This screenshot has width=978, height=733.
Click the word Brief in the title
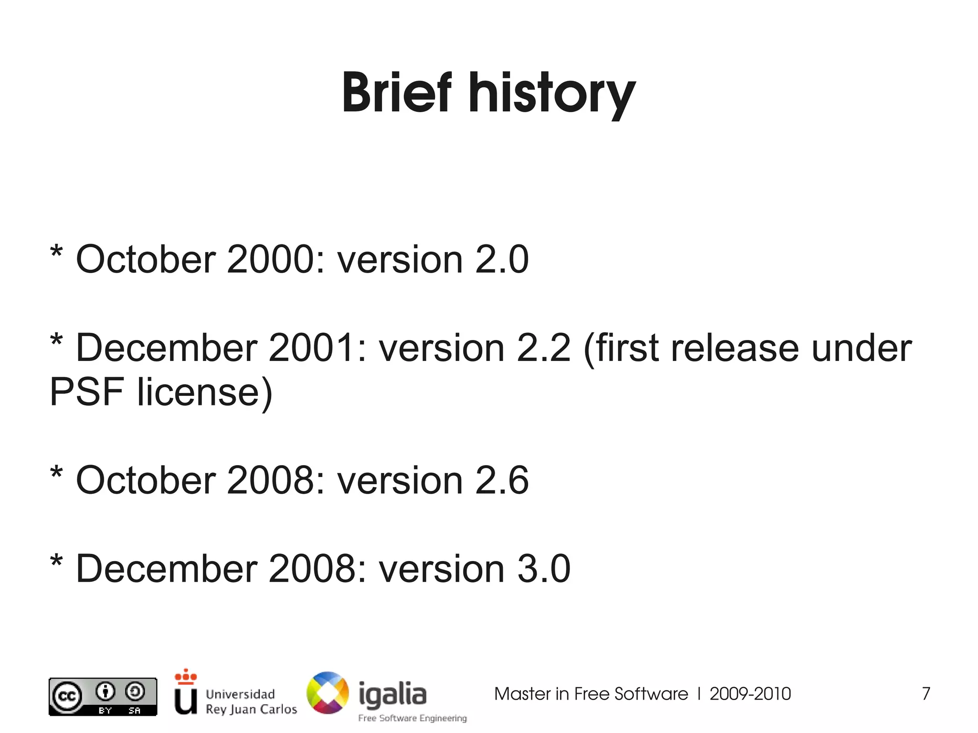[x=397, y=93]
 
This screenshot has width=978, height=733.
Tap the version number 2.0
[x=501, y=260]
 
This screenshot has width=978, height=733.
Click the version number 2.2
[x=543, y=348]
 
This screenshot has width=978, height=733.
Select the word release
[x=734, y=348]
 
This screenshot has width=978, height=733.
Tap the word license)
[x=205, y=392]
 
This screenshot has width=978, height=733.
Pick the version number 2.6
[x=501, y=480]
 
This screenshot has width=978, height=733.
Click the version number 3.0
[x=543, y=569]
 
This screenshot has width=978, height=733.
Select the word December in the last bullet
[x=167, y=569]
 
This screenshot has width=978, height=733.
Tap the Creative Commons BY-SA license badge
[x=103, y=697]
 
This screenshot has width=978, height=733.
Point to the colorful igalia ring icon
[x=328, y=693]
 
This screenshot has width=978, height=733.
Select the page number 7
[x=926, y=694]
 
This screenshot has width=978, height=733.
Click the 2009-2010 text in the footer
[x=750, y=694]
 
